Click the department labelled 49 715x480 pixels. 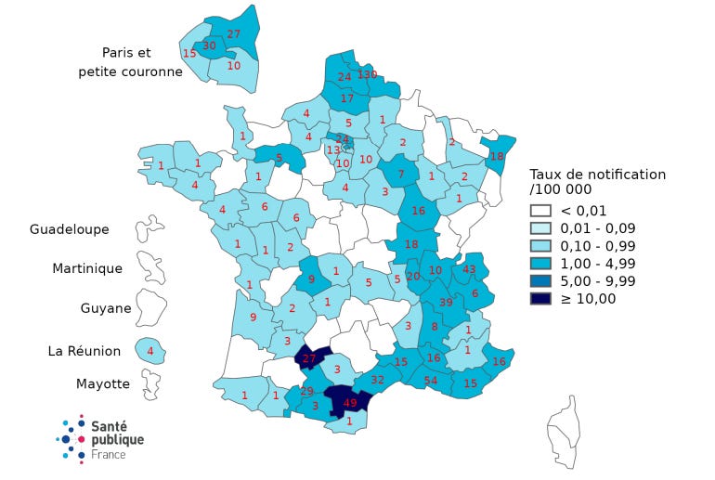pos(350,403)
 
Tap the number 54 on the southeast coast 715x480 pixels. pos(431,381)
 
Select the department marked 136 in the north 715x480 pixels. pos(368,74)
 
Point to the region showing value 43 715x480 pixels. pos(469,269)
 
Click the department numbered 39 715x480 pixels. pos(446,303)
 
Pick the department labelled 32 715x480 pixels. pos(378,379)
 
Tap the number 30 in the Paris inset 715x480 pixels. pos(209,45)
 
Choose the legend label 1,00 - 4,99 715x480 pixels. pos(600,264)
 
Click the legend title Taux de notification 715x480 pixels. pos(597,174)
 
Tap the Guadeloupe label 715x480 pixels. pos(69,229)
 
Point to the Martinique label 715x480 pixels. pos(86,268)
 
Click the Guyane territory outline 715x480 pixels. pos(151,304)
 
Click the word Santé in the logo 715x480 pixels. pos(110,425)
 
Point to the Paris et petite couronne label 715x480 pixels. pos(130,61)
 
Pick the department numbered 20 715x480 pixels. pos(413,276)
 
